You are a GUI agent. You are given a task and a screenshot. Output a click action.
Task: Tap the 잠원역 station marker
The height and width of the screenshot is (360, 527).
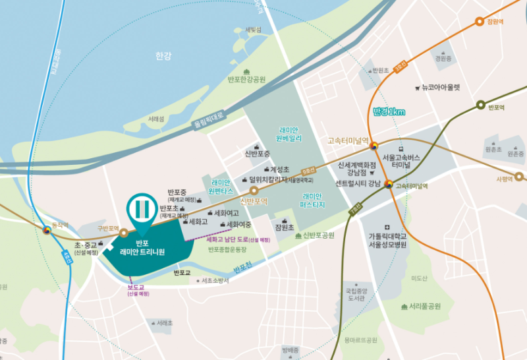click(x=478, y=21)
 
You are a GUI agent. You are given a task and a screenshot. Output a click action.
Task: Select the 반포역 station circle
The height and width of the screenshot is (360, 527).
click(x=480, y=105)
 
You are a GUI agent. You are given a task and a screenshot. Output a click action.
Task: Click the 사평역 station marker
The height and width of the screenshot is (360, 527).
click(x=519, y=176)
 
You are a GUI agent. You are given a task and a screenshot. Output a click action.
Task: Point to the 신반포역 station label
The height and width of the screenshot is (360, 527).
click(x=254, y=201)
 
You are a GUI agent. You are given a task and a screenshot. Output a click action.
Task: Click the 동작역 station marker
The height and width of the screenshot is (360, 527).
click(x=47, y=229)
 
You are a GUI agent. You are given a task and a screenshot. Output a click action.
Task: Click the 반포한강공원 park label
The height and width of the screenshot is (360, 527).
click(x=246, y=79)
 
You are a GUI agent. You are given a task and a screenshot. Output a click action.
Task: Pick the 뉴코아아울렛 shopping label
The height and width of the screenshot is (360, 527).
click(x=441, y=87)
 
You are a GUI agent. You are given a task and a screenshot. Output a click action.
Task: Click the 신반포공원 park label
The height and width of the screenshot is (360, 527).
click(x=319, y=235)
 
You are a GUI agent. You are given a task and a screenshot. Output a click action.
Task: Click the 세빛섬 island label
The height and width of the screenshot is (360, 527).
click(x=253, y=30)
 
